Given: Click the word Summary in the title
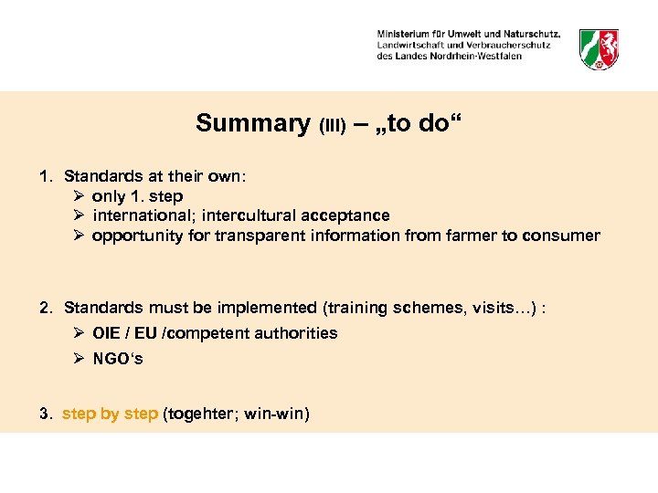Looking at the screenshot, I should pyautogui.click(x=252, y=123).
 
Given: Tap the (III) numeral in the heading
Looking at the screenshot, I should pyautogui.click(x=332, y=126).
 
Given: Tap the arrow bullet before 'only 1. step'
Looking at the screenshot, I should pyautogui.click(x=79, y=196).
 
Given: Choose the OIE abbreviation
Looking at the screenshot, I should pyautogui.click(x=107, y=333).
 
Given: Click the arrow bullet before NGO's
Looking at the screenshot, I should pyautogui.click(x=80, y=359).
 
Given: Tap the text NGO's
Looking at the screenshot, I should pyautogui.click(x=118, y=359).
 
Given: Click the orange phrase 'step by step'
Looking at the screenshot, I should pyautogui.click(x=110, y=414).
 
